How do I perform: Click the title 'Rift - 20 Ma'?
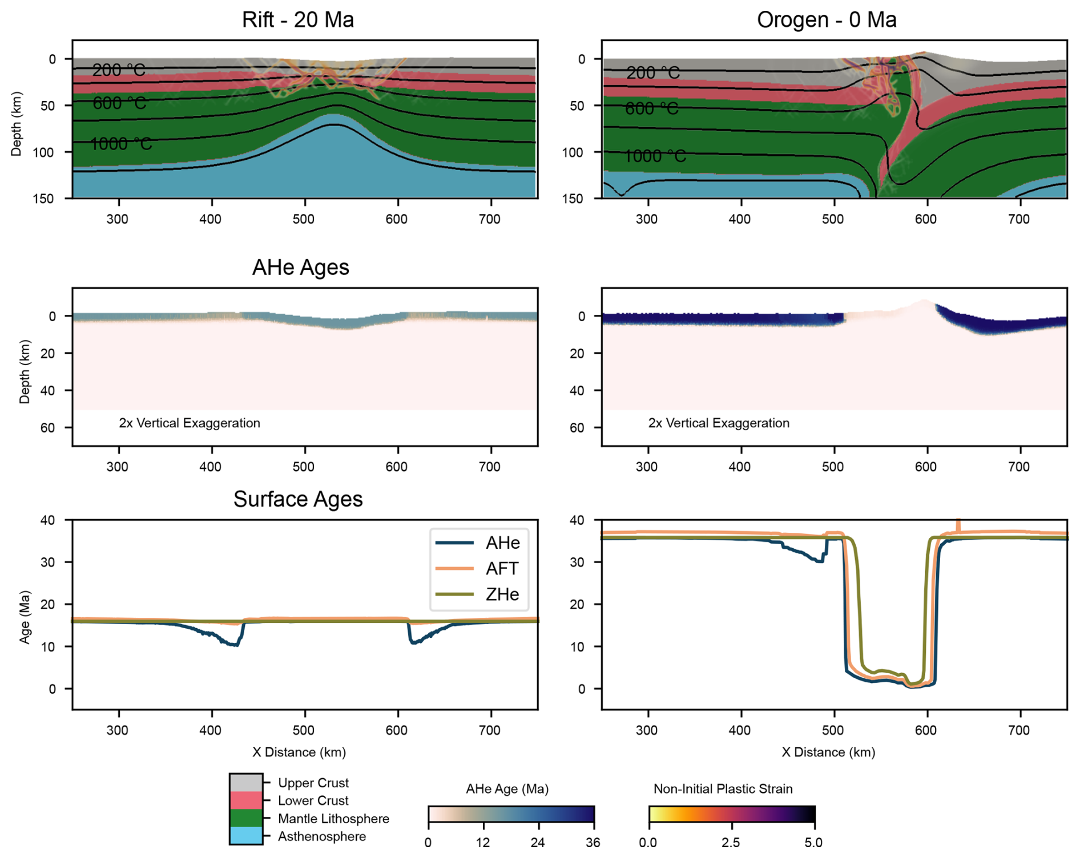(x=297, y=19)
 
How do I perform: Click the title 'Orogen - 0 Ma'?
(x=826, y=19)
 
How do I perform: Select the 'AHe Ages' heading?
(x=300, y=267)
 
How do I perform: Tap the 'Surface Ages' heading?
(x=297, y=499)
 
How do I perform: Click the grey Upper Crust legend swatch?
(x=246, y=783)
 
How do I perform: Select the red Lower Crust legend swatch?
(x=246, y=800)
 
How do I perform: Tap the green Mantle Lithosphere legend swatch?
(x=246, y=818)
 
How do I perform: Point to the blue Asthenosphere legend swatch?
(x=246, y=836)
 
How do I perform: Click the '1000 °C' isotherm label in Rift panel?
(x=121, y=144)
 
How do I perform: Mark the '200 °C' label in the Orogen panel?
(x=653, y=72)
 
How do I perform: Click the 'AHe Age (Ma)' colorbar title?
(x=507, y=789)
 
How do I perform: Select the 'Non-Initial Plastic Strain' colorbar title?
(x=723, y=789)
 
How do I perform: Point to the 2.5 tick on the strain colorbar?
(x=731, y=842)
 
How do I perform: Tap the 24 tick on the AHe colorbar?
(x=538, y=842)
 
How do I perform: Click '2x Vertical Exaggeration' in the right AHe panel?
(x=719, y=423)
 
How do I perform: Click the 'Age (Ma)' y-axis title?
(x=25, y=617)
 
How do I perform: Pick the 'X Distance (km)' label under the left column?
(x=299, y=752)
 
